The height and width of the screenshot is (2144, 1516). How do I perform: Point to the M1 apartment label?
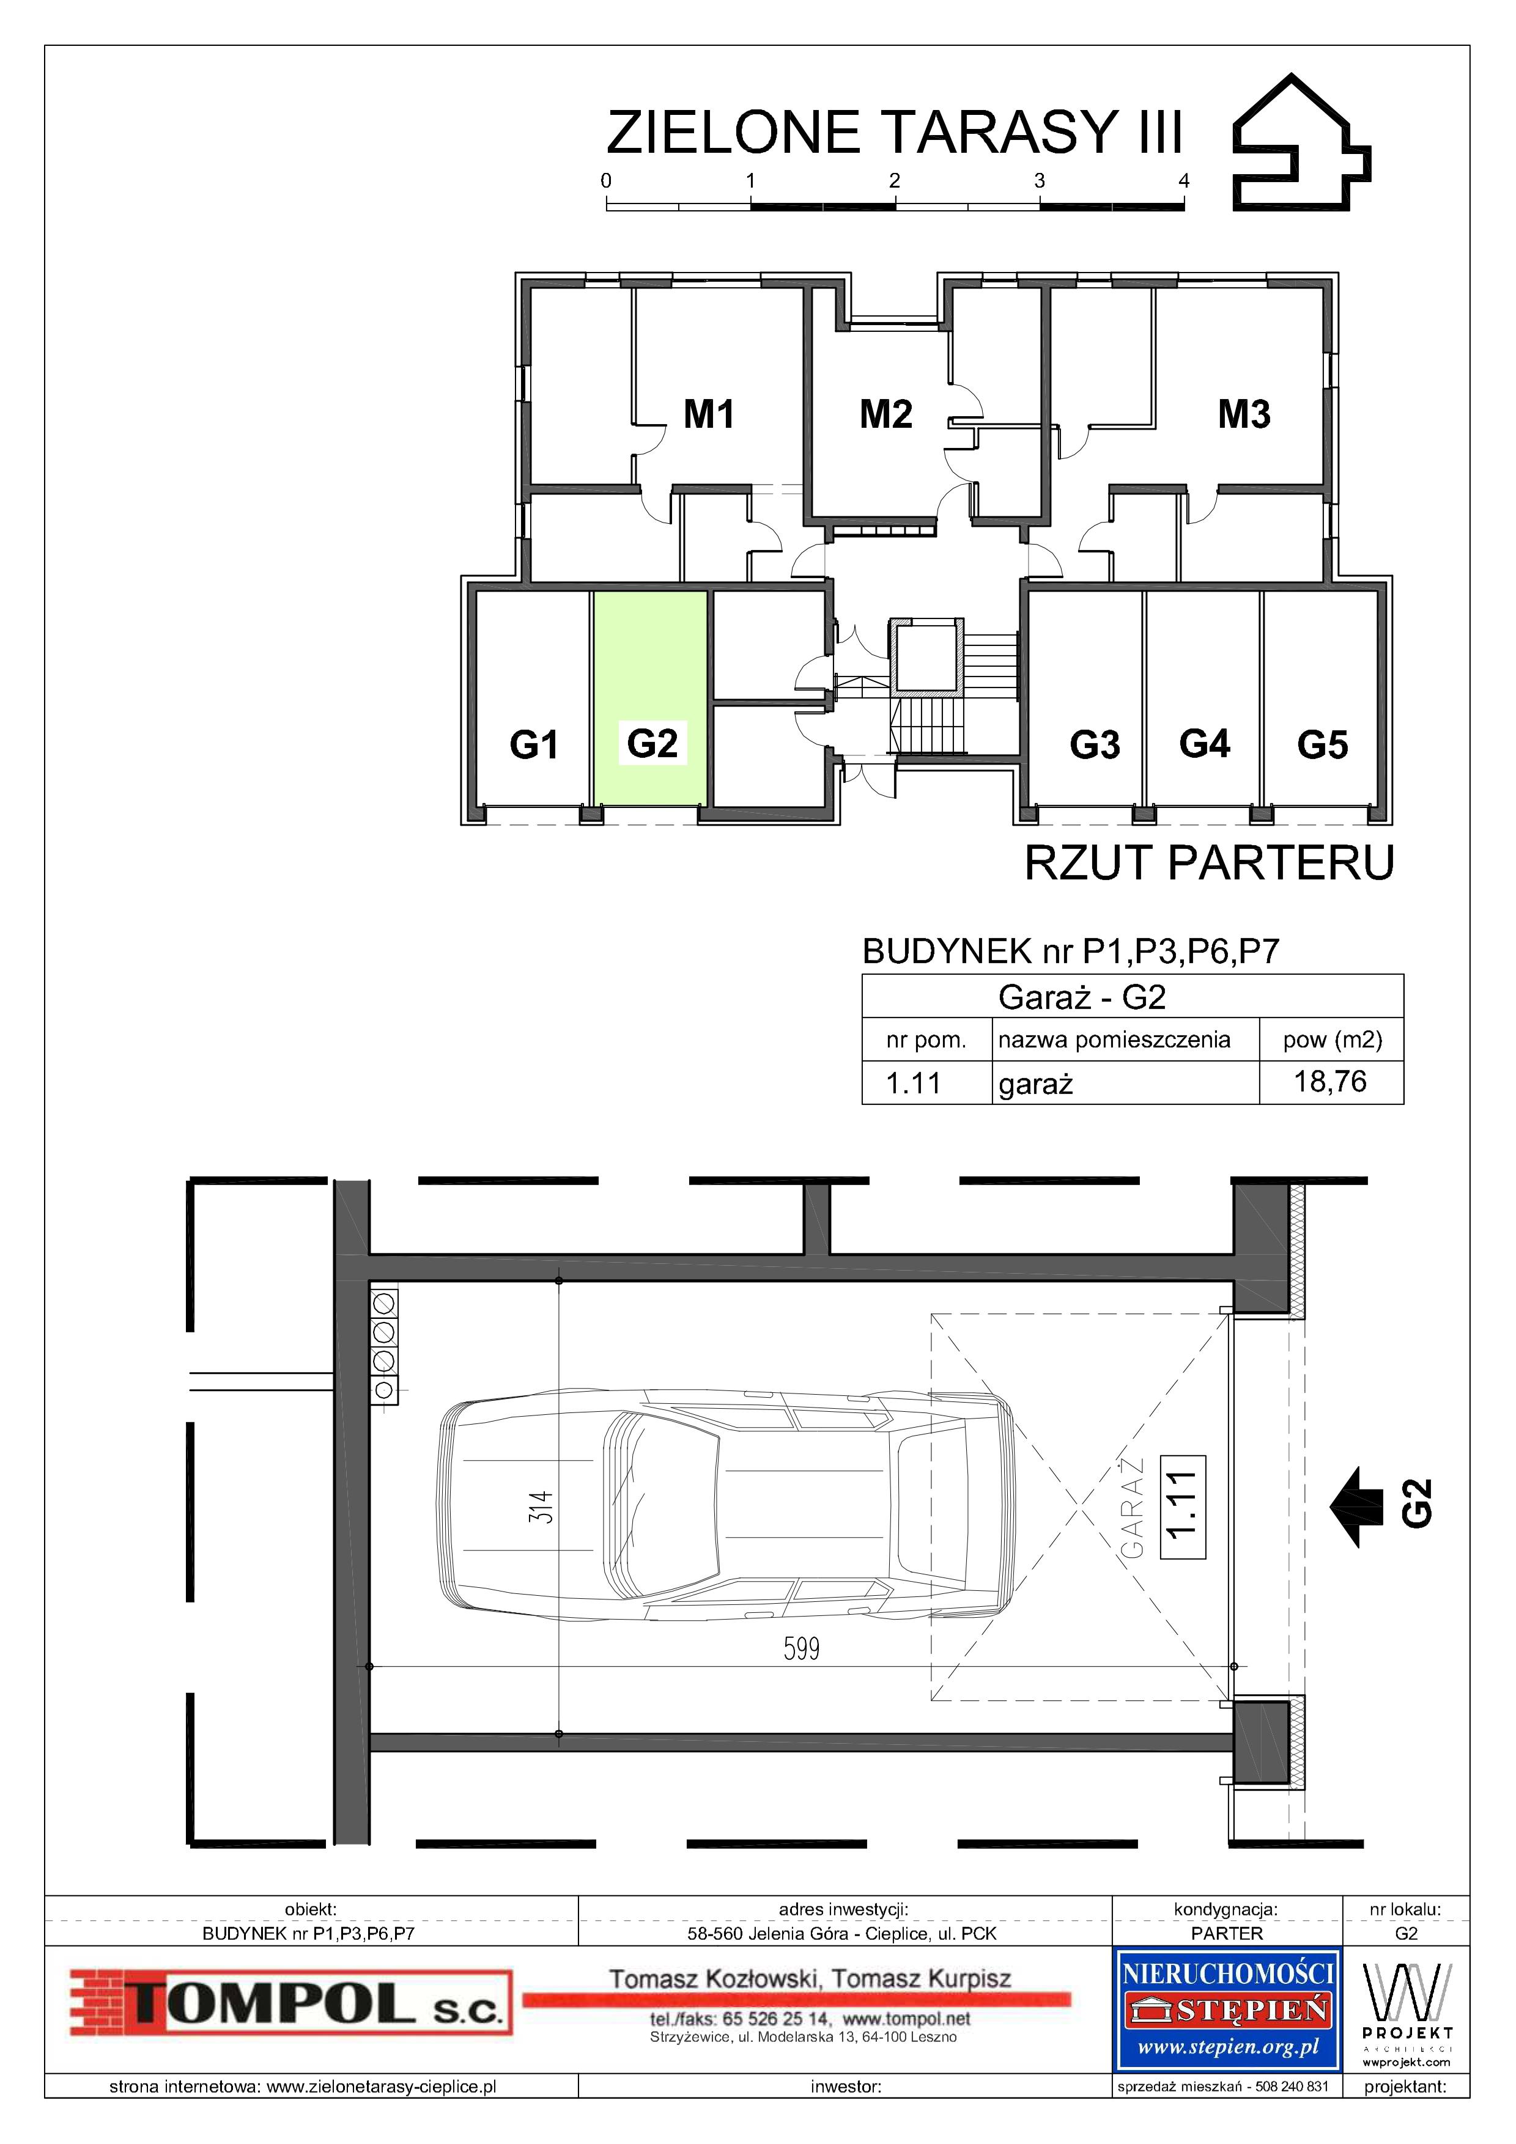(709, 414)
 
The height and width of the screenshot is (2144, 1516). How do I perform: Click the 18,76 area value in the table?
(1330, 1081)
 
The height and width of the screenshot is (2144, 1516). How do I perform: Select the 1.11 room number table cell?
(912, 1083)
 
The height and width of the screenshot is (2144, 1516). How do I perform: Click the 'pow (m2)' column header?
(1332, 1040)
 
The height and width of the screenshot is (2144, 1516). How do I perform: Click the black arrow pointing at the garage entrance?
(1356, 1506)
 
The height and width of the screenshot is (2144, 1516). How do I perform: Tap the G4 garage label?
(1204, 744)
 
